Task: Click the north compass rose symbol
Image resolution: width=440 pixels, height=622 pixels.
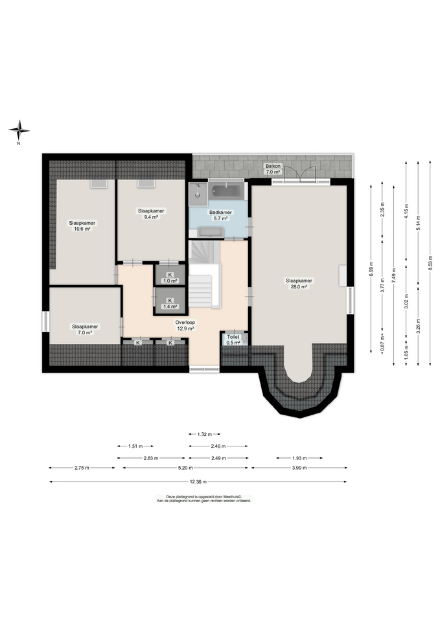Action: tap(19, 130)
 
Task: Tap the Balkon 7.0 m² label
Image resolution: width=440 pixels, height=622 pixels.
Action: tap(273, 169)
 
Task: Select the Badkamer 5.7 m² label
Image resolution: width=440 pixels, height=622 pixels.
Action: tap(220, 215)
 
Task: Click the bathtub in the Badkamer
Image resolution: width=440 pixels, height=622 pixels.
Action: tap(227, 190)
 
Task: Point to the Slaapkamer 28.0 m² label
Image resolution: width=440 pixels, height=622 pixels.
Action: tap(299, 283)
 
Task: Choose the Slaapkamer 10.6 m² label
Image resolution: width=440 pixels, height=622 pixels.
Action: tap(82, 225)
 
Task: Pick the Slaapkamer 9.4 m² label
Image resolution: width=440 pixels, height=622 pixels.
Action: tap(151, 214)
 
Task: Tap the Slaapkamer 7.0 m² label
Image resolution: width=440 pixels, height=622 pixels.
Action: tap(85, 329)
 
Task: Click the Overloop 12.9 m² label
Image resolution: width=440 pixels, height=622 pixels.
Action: tap(185, 325)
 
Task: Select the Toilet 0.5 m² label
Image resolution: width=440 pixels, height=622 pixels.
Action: tap(233, 340)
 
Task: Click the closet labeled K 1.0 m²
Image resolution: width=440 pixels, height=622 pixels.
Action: tap(170, 275)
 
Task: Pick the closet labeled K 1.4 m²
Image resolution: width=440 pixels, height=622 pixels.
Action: tap(170, 301)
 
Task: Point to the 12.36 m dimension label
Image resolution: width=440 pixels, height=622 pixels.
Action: tap(198, 482)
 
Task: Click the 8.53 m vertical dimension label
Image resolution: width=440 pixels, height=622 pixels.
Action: tap(430, 264)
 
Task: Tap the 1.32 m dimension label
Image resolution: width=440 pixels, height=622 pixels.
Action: tap(204, 434)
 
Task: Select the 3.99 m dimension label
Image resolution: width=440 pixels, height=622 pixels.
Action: tap(299, 468)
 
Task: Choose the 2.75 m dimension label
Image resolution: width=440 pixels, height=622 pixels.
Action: tap(82, 468)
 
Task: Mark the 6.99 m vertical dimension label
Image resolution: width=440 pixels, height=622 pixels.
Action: tap(371, 268)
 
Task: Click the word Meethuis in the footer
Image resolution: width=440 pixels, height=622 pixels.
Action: tap(231, 496)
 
